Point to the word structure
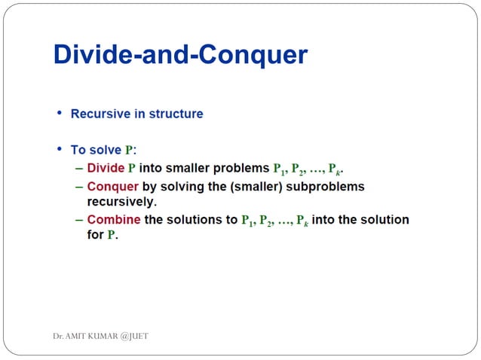point(175,114)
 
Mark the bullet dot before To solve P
point(60,150)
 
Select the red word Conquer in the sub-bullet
point(112,186)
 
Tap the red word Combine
point(114,220)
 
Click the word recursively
point(121,201)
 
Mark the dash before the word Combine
point(80,220)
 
